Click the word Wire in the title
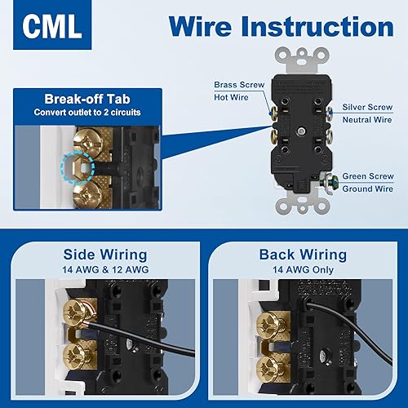tap(200, 28)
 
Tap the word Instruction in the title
tap(319, 28)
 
